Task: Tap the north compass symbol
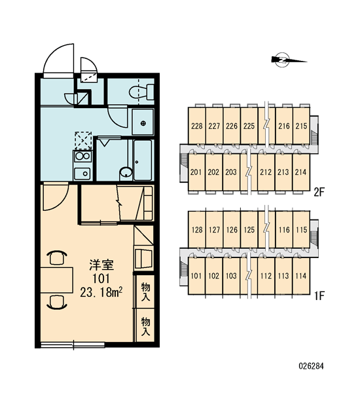pos(288,60)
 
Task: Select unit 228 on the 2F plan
pos(196,126)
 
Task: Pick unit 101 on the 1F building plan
pos(196,276)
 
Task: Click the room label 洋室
pos(101,265)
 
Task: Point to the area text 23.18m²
pos(101,292)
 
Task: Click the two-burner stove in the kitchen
pos(82,157)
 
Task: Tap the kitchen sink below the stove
pos(82,173)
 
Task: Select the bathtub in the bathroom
pos(143,160)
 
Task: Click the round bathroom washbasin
pos(126,173)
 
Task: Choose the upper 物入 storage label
pos(145,291)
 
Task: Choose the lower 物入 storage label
pos(145,326)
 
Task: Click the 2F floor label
pos(319,193)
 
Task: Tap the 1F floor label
pos(319,296)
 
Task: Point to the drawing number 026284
pos(311,366)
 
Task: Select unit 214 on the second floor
pos(300,172)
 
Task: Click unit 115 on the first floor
pos(301,230)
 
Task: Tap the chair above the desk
pos(57,257)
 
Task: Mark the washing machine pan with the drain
pos(143,122)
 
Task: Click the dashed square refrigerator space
pos(83,141)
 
